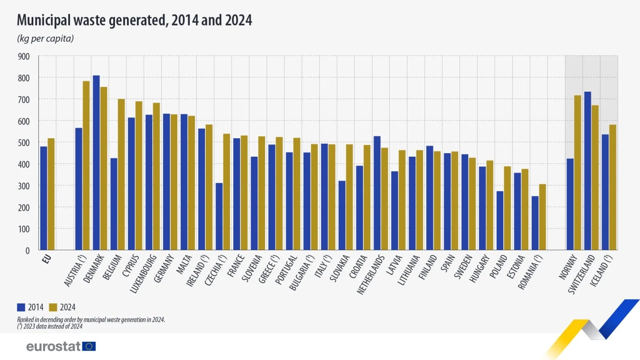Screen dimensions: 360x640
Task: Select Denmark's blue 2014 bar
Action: point(96,162)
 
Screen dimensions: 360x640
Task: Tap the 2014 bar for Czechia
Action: point(219,216)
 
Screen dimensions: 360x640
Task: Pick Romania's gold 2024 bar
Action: point(542,217)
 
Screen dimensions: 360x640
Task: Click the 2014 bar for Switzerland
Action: point(587,171)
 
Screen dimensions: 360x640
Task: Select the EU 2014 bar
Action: point(44,198)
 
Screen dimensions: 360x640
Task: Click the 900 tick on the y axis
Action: point(24,56)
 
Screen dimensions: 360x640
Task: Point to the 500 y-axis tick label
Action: point(24,142)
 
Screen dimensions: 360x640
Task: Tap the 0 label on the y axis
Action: point(27,250)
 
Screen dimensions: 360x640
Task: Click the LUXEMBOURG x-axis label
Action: point(144,273)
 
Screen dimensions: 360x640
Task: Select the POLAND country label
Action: point(499,267)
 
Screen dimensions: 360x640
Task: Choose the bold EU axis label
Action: point(47,259)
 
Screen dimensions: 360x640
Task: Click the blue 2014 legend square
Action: point(21,307)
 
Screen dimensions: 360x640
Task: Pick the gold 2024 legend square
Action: point(53,307)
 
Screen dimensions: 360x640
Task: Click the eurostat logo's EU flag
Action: point(89,346)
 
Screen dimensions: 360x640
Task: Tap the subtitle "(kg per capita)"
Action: point(45,38)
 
